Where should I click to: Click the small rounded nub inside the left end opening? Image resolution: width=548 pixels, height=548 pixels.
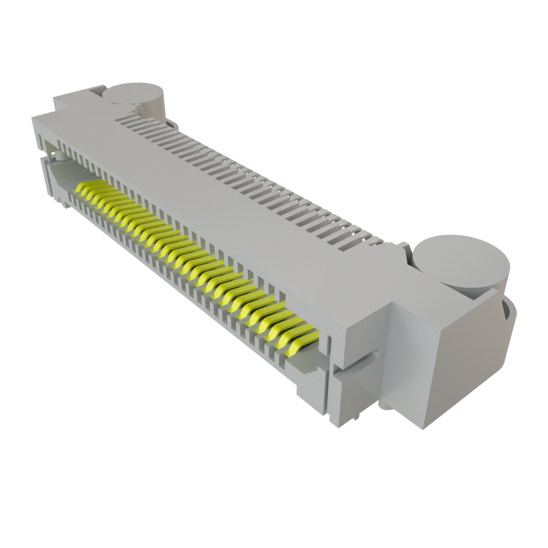(x=59, y=156)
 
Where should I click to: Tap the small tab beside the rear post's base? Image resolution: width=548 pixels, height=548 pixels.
(x=173, y=124)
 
